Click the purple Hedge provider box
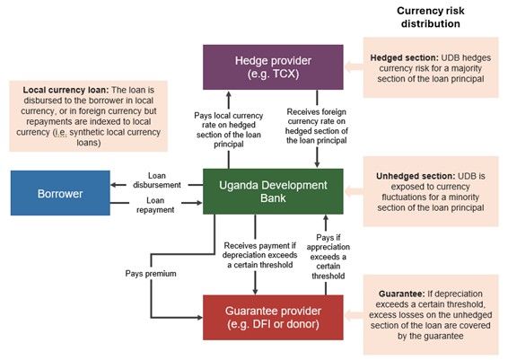pos(273,67)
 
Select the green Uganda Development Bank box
pos(273,191)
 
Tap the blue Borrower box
pos(59,192)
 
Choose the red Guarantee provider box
pos(273,316)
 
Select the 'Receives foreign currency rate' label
pos(315,128)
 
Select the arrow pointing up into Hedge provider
pos(229,97)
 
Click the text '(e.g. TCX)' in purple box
pos(273,75)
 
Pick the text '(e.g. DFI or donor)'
pos(273,324)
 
